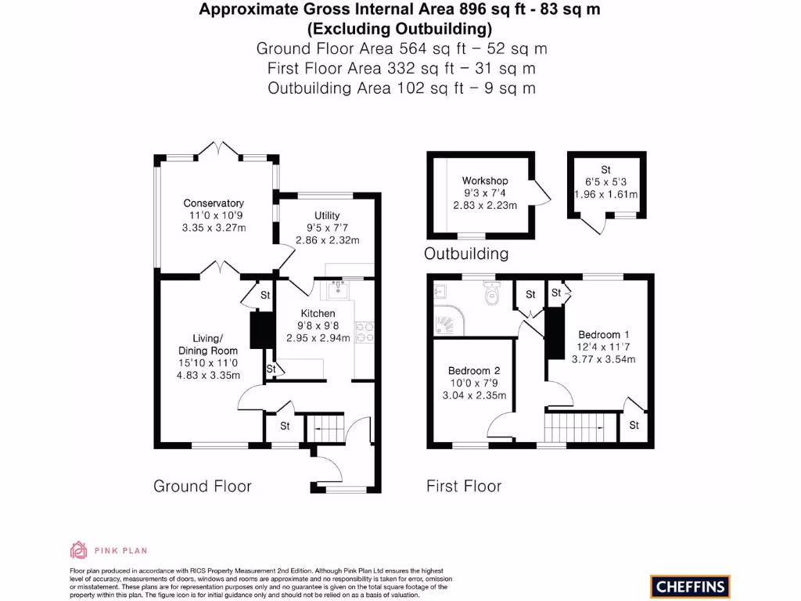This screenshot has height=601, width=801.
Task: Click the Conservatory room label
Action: [x=214, y=203]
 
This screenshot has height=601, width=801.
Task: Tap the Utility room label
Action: [x=327, y=216]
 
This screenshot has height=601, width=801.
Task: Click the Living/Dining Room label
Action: [x=208, y=344]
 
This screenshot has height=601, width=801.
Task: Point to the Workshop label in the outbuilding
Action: [x=485, y=181]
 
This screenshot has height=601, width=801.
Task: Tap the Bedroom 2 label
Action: [x=474, y=370]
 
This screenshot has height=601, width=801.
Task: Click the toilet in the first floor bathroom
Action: [x=491, y=294]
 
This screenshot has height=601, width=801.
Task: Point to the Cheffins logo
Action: [x=690, y=585]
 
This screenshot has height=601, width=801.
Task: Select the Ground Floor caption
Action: [x=203, y=486]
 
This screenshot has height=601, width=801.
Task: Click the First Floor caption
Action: [x=464, y=486]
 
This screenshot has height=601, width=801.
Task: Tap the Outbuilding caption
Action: [x=466, y=254]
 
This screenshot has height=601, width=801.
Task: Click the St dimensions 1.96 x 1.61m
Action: [x=606, y=194]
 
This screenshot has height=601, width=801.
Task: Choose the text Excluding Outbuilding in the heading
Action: [x=400, y=30]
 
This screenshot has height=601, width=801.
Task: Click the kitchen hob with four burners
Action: [x=365, y=333]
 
